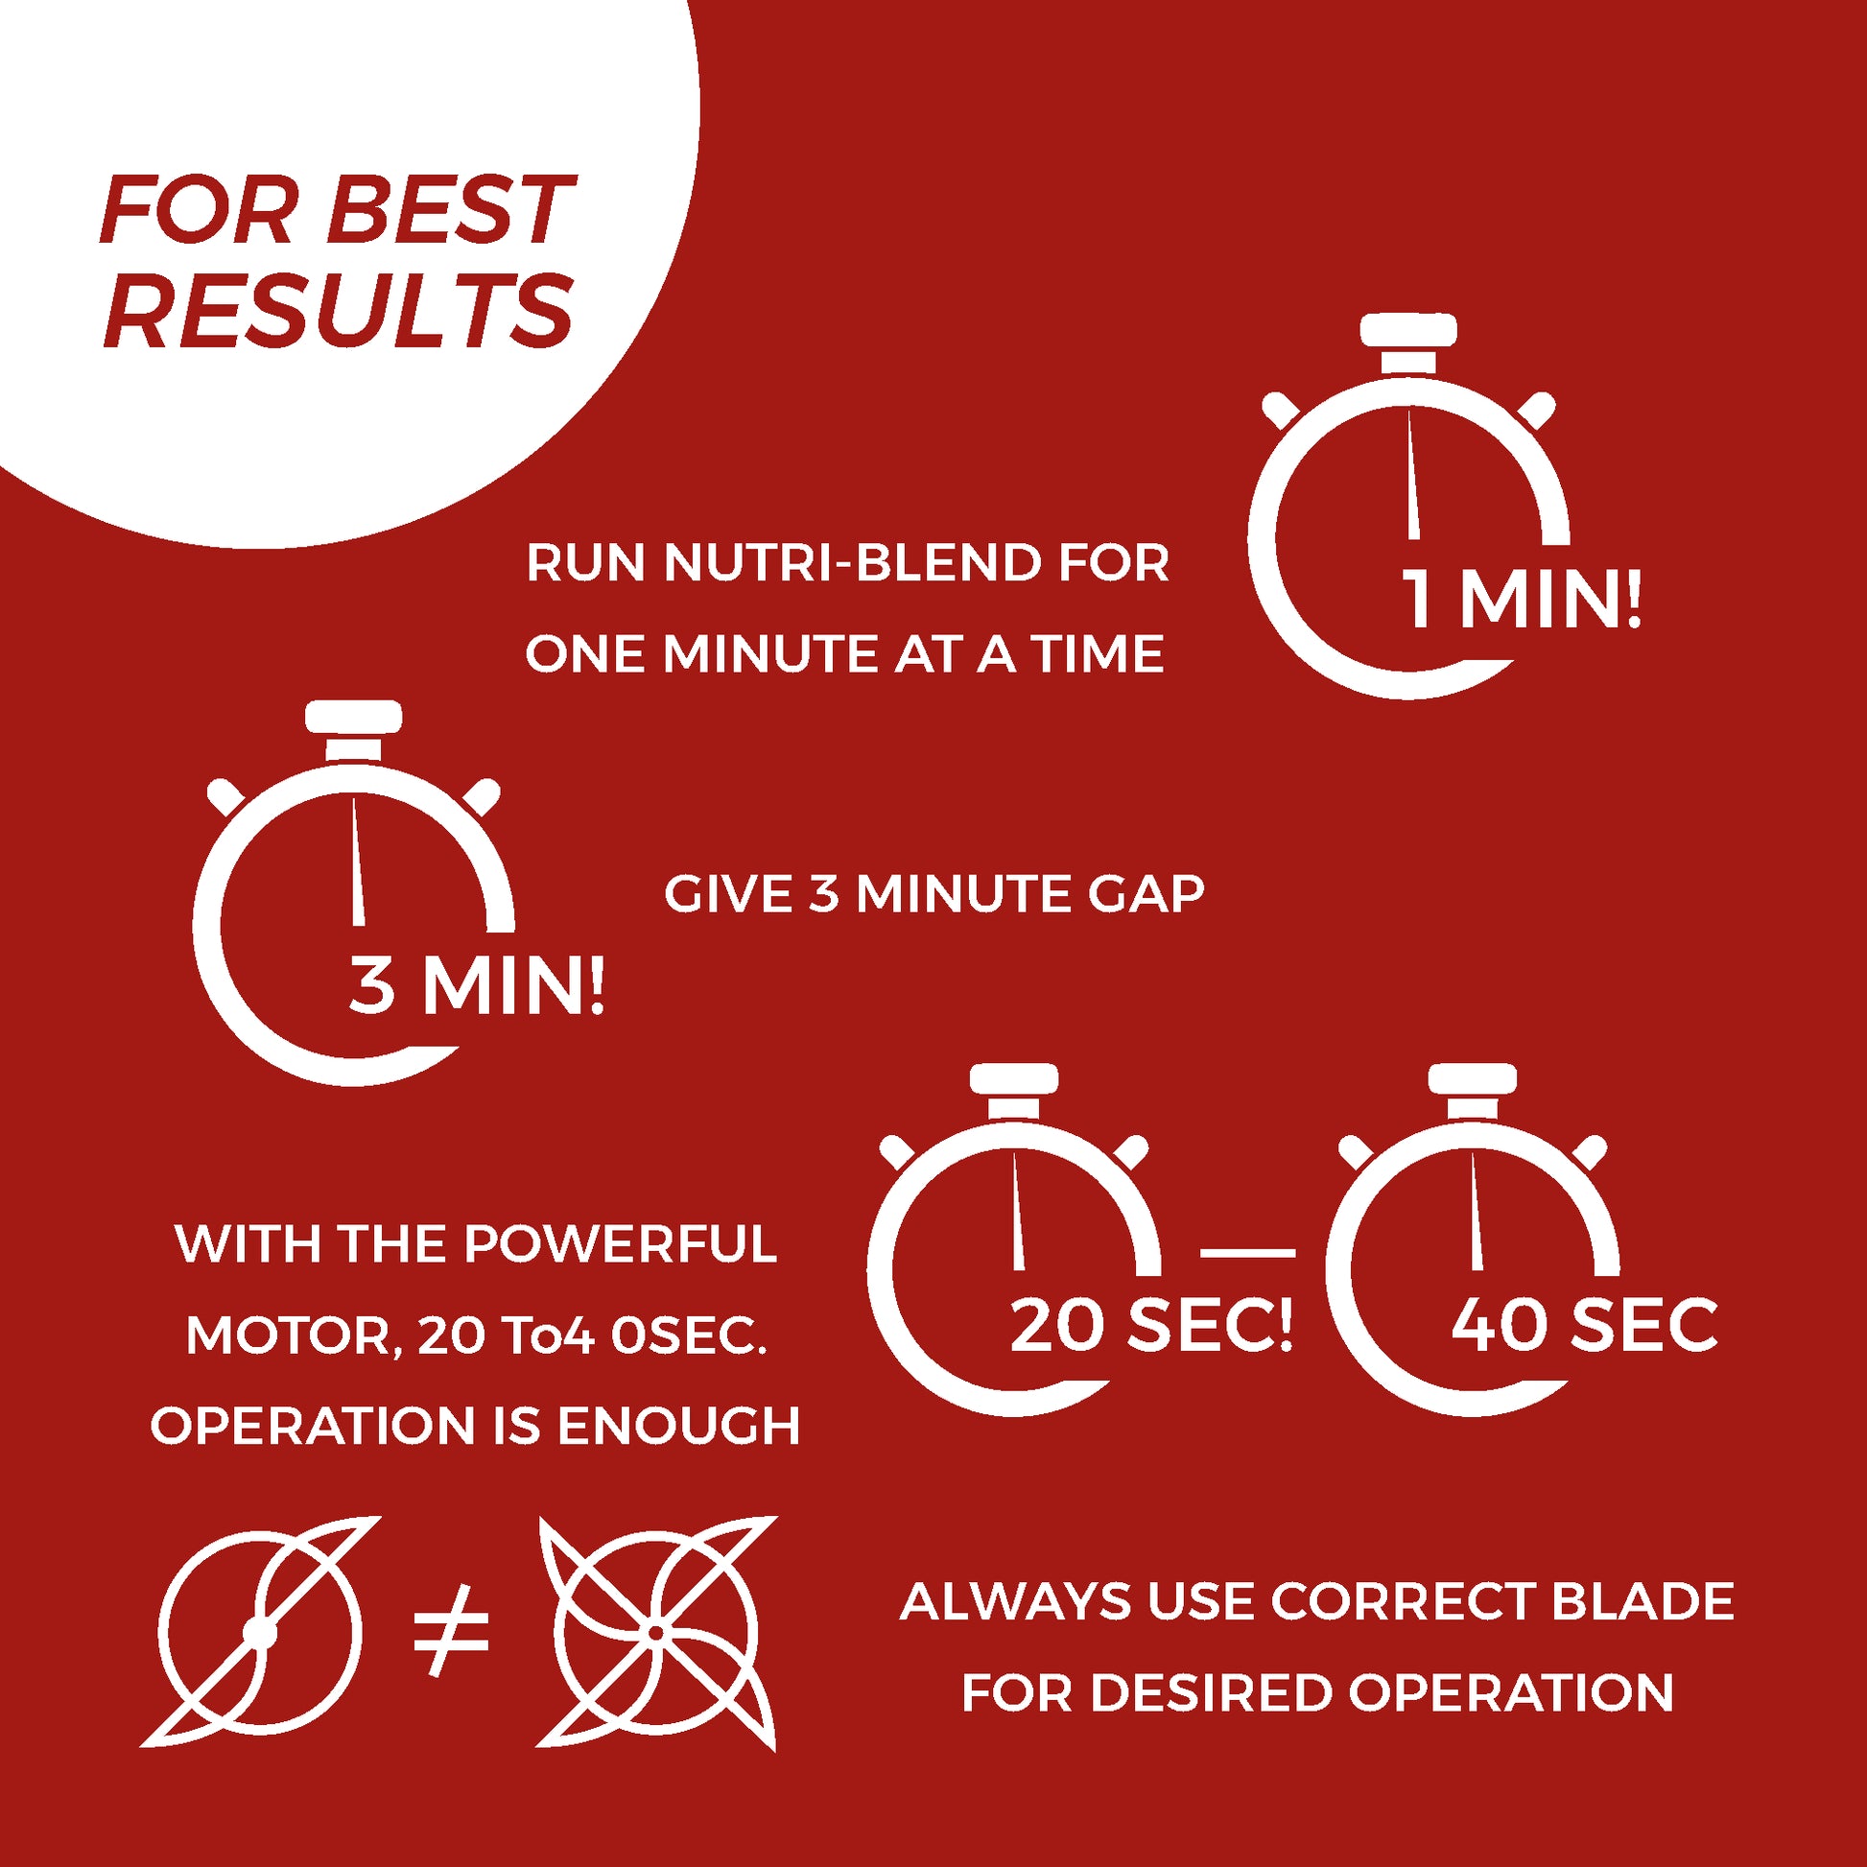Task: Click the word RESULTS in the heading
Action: click(339, 311)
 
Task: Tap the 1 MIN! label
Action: click(1521, 602)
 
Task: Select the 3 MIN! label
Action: click(477, 986)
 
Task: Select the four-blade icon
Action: click(657, 1633)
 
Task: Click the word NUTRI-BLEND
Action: click(852, 563)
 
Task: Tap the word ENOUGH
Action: click(679, 1426)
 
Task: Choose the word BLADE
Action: click(1642, 1601)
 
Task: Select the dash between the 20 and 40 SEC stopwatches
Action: click(1247, 1252)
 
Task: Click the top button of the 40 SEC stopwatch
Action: click(1473, 1079)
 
